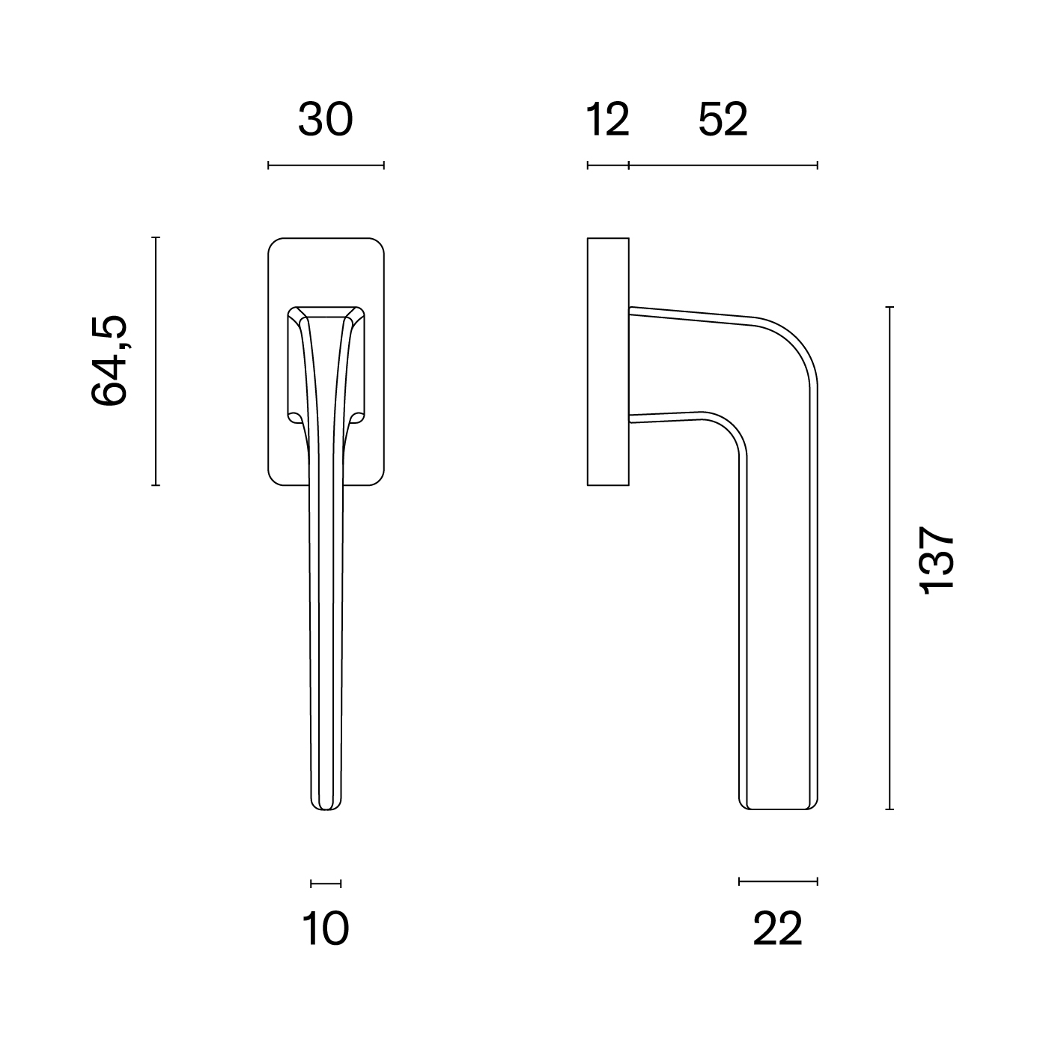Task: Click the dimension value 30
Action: tap(326, 119)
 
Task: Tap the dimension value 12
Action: tap(607, 119)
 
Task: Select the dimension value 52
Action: tap(723, 119)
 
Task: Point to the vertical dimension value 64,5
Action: tap(109, 360)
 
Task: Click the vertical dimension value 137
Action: tap(937, 559)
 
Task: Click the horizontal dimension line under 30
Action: tap(326, 165)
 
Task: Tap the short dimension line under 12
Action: tap(608, 165)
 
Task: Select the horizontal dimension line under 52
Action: tap(723, 165)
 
